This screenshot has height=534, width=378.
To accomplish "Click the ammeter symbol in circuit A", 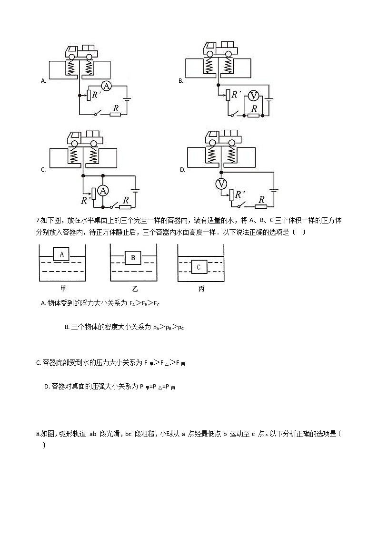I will point(107,86).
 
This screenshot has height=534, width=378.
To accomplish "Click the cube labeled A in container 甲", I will point(62,254).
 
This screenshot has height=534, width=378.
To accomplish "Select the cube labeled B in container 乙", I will point(133,258).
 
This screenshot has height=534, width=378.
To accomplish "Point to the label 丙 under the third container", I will point(201,289).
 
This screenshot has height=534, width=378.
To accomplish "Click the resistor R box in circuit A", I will point(115,114).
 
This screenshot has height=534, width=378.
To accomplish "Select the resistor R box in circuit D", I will point(260,206).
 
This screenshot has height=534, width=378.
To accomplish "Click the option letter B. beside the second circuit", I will point(181,81).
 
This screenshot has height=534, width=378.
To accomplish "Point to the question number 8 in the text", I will point(38,434).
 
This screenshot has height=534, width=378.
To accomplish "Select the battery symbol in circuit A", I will point(126,100).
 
